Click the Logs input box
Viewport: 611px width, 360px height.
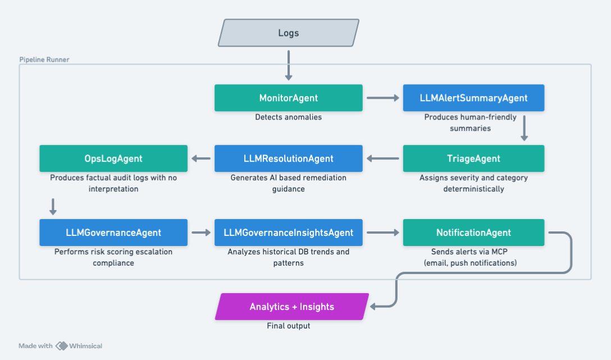click(x=288, y=33)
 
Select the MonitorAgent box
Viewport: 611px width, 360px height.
click(x=288, y=98)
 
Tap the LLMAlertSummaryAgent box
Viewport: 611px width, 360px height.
click(x=473, y=98)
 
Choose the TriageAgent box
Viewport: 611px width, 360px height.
click(x=473, y=158)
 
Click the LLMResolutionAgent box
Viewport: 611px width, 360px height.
click(x=288, y=158)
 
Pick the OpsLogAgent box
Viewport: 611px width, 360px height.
click(x=113, y=158)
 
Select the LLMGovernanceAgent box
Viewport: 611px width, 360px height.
click(x=113, y=233)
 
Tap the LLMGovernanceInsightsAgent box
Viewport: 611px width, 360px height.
click(x=288, y=233)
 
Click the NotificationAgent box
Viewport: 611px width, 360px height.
click(x=473, y=233)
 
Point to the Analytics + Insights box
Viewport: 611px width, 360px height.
click(x=291, y=307)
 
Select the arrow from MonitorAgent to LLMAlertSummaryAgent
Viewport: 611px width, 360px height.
click(x=382, y=98)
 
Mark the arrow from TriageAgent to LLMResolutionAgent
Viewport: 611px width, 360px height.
click(x=382, y=158)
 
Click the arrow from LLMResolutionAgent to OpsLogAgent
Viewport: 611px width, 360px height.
click(x=200, y=158)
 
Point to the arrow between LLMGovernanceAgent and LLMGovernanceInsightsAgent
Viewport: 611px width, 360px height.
click(x=200, y=233)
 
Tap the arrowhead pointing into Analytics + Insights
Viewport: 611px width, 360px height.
click(x=376, y=306)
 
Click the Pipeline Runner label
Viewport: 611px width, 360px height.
click(x=44, y=60)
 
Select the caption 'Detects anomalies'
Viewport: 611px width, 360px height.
click(x=288, y=117)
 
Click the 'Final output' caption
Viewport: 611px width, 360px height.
click(x=288, y=326)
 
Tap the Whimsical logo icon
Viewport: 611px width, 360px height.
click(x=61, y=346)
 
